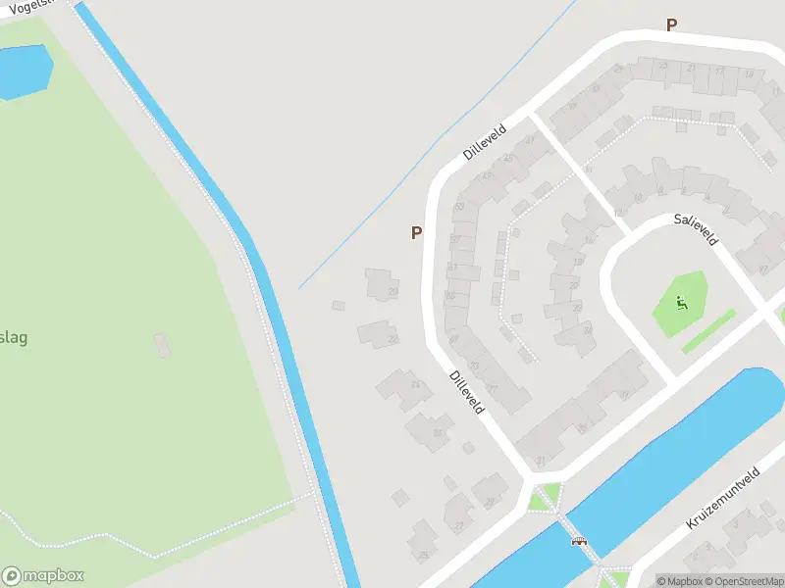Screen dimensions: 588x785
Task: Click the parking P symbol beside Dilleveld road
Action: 416,233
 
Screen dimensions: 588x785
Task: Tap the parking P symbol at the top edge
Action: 671,25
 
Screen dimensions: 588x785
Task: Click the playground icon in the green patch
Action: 683,302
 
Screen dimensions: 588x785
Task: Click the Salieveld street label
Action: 696,229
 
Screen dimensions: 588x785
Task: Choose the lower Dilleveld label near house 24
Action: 466,390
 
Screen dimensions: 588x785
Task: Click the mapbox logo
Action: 42,576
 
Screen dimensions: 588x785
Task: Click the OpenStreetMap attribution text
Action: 743,581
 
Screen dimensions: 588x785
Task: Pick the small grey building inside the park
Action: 162,344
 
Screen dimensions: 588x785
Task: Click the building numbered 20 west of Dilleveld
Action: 381,285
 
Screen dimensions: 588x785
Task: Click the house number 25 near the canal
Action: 423,556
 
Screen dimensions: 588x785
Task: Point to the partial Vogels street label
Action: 29,9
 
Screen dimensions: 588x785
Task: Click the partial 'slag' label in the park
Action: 13,338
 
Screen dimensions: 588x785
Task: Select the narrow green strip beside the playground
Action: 708,331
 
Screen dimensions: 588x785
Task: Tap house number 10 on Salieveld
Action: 637,197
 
